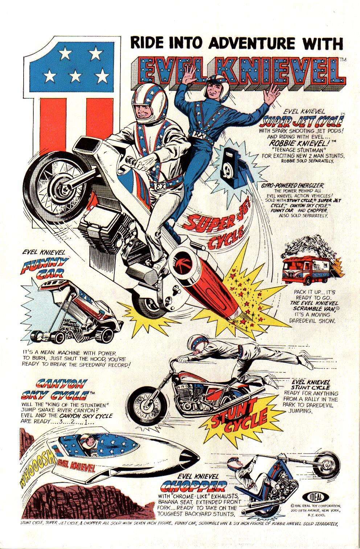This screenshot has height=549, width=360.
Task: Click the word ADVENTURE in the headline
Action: pyautogui.click(x=246, y=43)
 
